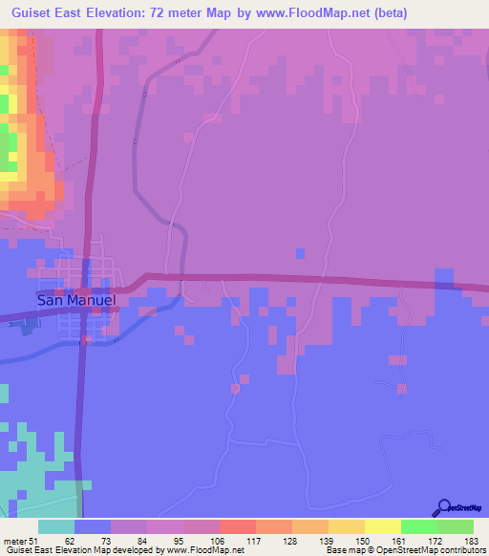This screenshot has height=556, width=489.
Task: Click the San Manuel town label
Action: (x=76, y=299)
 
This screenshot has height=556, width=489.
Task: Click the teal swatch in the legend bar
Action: (x=56, y=526)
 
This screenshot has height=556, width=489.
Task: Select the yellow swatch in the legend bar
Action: (x=381, y=526)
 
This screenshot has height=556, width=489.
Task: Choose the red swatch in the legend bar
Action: (x=237, y=526)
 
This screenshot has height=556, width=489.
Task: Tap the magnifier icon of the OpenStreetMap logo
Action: (x=443, y=507)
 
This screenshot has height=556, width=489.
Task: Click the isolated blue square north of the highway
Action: (x=301, y=253)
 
